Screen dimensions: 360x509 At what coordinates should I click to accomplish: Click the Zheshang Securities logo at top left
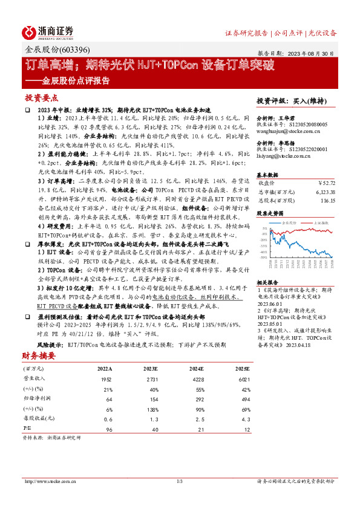click(x=48, y=32)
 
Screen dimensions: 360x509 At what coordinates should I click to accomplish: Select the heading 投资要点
click(x=42, y=97)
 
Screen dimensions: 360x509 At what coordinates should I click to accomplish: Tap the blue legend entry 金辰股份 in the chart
click(x=291, y=222)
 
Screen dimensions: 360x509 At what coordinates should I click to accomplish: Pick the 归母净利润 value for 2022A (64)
click(x=109, y=400)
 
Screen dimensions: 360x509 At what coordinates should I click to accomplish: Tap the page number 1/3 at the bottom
click(x=180, y=481)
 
